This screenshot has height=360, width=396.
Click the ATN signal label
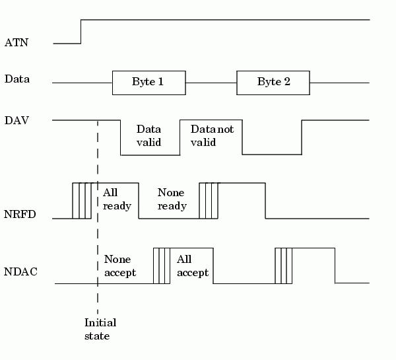[16, 43]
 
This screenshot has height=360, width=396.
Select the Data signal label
[18, 79]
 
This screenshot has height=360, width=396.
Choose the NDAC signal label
[20, 271]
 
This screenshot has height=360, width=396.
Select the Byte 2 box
[273, 83]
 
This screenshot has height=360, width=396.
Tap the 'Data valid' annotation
[148, 136]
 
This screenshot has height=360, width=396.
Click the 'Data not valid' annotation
[211, 136]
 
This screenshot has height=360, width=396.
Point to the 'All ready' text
[117, 199]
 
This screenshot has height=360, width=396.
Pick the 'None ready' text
[172, 199]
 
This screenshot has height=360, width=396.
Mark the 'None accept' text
[120, 266]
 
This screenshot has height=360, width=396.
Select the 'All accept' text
[192, 266]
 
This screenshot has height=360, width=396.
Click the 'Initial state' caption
[100, 329]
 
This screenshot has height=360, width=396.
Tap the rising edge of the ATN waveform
[81, 32]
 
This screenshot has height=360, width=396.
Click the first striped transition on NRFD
[82, 200]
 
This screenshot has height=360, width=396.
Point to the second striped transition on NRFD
[209, 200]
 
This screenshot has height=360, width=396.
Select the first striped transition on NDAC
[162, 266]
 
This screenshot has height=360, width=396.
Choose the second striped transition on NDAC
[284, 266]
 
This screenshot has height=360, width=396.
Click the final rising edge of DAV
[302, 137]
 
